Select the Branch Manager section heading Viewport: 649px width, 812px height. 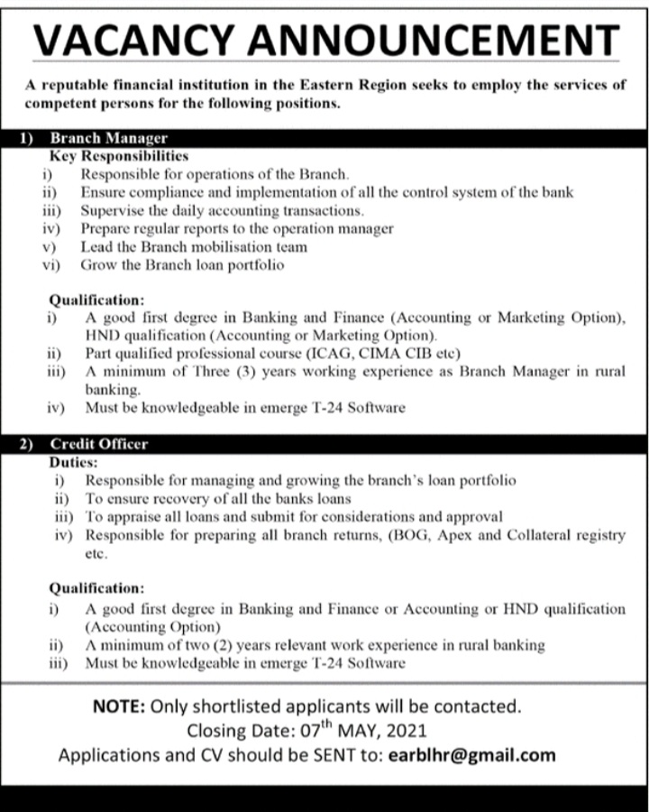(109, 139)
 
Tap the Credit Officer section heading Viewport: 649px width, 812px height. (99, 444)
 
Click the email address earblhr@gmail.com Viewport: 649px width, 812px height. (471, 755)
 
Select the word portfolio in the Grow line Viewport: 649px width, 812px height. (255, 265)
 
